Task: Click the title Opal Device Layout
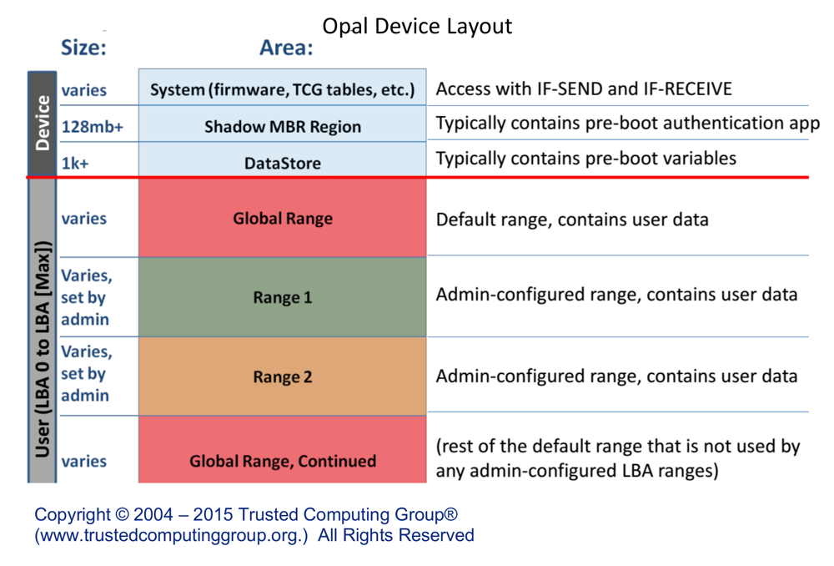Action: click(x=417, y=26)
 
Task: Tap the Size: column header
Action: click(x=83, y=48)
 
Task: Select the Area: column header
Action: click(x=286, y=48)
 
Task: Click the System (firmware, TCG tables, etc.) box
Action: click(x=283, y=88)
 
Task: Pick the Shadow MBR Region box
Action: click(x=283, y=124)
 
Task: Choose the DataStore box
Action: click(x=283, y=159)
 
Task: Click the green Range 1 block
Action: click(x=283, y=297)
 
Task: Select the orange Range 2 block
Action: click(x=283, y=376)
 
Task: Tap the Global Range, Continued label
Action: click(x=283, y=461)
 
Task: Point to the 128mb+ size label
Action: click(x=93, y=127)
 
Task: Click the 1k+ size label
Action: click(x=75, y=163)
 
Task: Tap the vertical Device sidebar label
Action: click(x=42, y=124)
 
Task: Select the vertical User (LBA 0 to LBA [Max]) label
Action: click(x=43, y=349)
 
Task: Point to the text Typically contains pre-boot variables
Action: click(x=586, y=159)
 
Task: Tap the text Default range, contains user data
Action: click(x=572, y=220)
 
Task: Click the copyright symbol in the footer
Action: click(x=122, y=514)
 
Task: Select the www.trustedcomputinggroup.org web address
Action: click(x=171, y=535)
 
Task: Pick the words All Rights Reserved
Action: click(x=395, y=535)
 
